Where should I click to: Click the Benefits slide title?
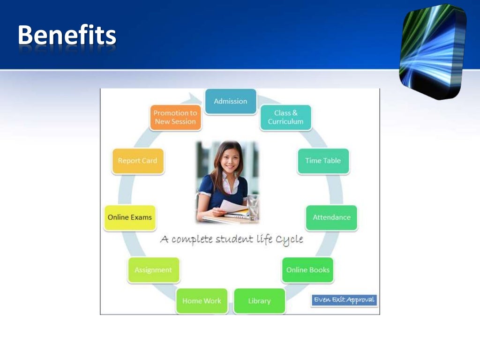tap(67, 36)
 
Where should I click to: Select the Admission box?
tap(230, 101)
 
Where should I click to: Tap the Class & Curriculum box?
tap(285, 117)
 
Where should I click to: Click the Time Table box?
tap(323, 161)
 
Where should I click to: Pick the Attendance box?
tap(331, 217)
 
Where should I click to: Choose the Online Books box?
tap(307, 270)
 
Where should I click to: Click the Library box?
tap(259, 301)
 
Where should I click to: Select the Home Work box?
tap(202, 301)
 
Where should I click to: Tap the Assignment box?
tap(153, 270)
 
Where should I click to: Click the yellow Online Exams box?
tap(129, 217)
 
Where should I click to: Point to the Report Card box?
tap(137, 161)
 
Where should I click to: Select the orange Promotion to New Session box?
tap(175, 117)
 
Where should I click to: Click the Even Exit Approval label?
tap(344, 300)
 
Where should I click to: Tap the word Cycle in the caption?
tap(289, 240)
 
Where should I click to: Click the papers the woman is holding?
tap(234, 207)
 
